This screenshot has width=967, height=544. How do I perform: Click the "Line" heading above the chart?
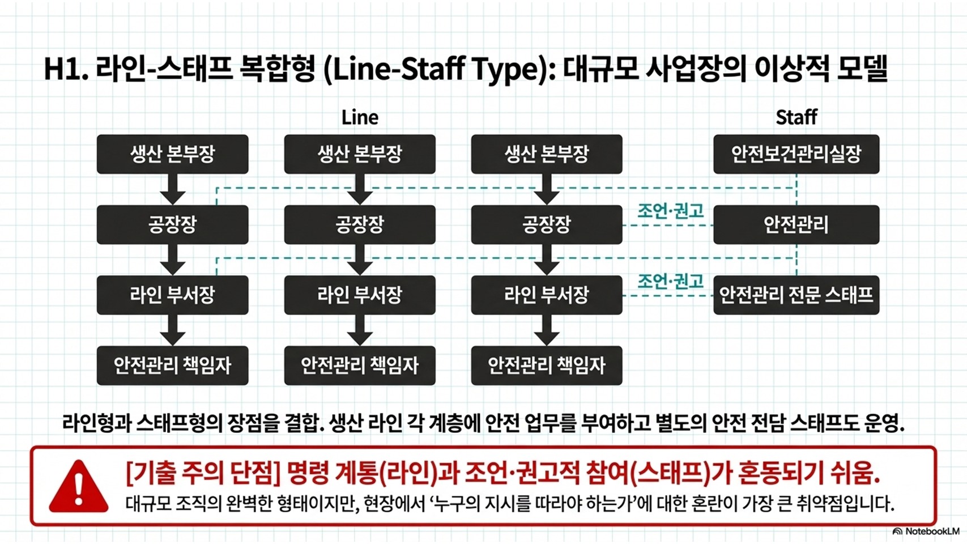coord(360,117)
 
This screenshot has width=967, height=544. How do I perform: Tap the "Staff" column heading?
coord(796,117)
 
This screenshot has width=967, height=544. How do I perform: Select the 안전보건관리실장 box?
coord(796,154)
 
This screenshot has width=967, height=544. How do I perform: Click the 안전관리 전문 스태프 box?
coord(796,295)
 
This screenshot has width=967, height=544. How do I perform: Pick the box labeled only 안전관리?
coord(796,225)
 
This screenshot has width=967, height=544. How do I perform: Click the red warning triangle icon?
coord(78,487)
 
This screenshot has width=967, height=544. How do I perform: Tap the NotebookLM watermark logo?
coord(926,532)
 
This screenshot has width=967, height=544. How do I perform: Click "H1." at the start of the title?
coord(66,69)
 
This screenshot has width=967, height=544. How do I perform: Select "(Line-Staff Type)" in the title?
coord(436,69)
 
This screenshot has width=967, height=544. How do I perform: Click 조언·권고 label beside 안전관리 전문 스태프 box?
coord(670,281)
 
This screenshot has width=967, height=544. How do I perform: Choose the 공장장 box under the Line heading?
coord(360,225)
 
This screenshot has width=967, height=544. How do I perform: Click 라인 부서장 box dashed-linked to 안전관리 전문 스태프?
coord(547,295)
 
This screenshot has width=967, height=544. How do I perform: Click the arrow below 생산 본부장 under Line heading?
coord(360,189)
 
